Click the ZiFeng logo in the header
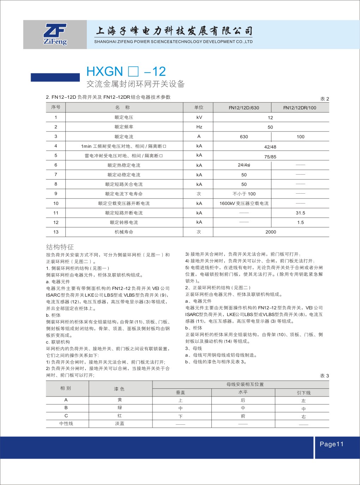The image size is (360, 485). click(55, 34)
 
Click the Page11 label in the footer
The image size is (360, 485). click(331, 444)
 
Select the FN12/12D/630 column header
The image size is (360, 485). click(244, 108)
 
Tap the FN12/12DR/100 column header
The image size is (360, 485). click(300, 108)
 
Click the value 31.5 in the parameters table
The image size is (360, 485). click(300, 213)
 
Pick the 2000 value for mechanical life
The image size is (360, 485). click(271, 232)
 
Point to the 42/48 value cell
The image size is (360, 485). click(270, 147)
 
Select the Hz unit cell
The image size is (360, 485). click(199, 127)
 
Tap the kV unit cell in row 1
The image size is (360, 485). click(199, 117)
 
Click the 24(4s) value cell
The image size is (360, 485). click(244, 165)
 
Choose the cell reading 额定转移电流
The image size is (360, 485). click(124, 222)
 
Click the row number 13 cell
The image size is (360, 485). click(56, 232)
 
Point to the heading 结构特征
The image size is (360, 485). click(60, 247)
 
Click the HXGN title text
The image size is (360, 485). click(104, 72)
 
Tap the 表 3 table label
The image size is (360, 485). click(324, 376)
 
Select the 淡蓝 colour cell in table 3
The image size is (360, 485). click(120, 423)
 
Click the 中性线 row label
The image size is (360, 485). click(66, 423)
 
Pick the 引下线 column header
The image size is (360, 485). click(304, 393)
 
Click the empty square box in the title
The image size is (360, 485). click(133, 72)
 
